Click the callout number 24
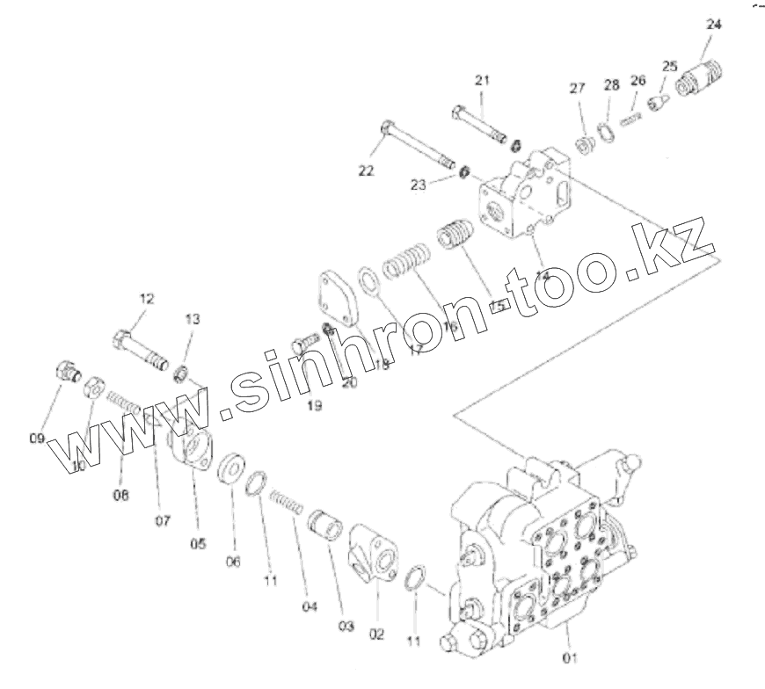point(713,25)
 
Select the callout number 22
point(366,170)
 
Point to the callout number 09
point(37,437)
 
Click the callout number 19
point(315,405)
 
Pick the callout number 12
point(146,299)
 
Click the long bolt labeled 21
point(479,124)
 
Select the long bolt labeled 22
point(419,146)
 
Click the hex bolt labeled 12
point(140,349)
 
